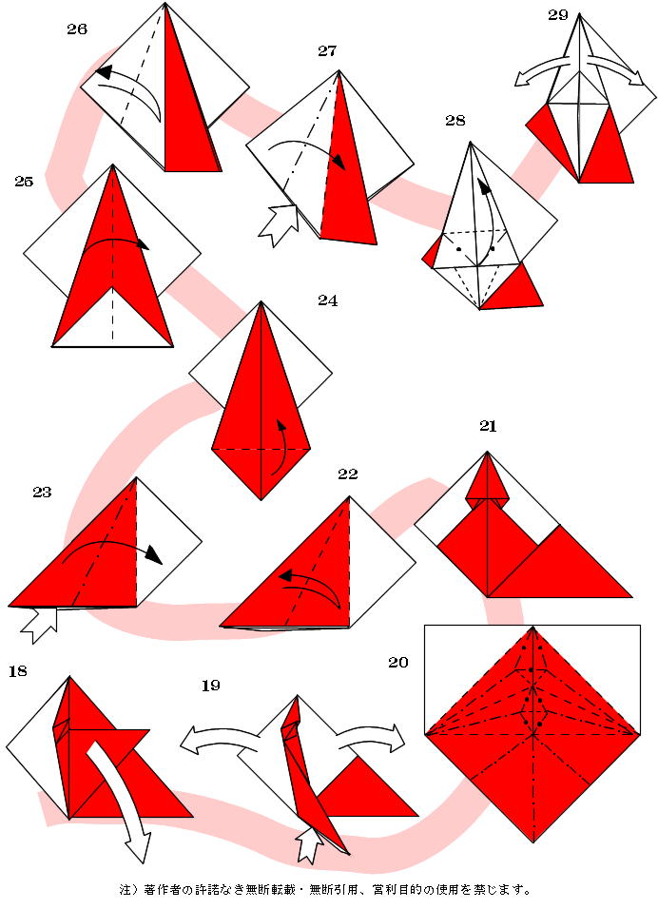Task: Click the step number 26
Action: click(77, 29)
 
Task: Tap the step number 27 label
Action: click(327, 51)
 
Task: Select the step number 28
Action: click(455, 120)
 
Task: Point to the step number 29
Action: click(558, 15)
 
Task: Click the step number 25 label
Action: click(24, 182)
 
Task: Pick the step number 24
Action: click(327, 300)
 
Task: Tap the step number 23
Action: click(42, 493)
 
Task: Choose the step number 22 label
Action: click(348, 474)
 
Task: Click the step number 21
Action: click(488, 426)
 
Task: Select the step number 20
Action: click(398, 662)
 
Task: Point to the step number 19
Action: click(210, 686)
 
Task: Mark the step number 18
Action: click(18, 671)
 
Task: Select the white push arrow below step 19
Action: click(310, 844)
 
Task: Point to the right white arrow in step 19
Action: click(370, 734)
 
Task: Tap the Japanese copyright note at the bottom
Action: click(324, 889)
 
